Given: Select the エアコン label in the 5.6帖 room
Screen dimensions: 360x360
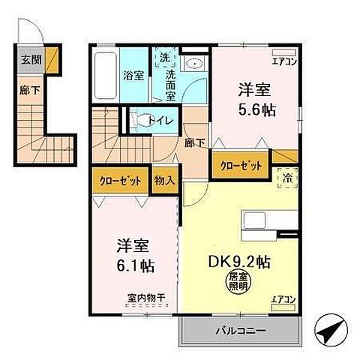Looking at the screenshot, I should pos(284,61).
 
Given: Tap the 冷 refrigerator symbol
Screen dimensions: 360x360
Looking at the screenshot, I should pos(287,178).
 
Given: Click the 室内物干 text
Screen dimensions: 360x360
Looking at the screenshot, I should pos(145,304).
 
